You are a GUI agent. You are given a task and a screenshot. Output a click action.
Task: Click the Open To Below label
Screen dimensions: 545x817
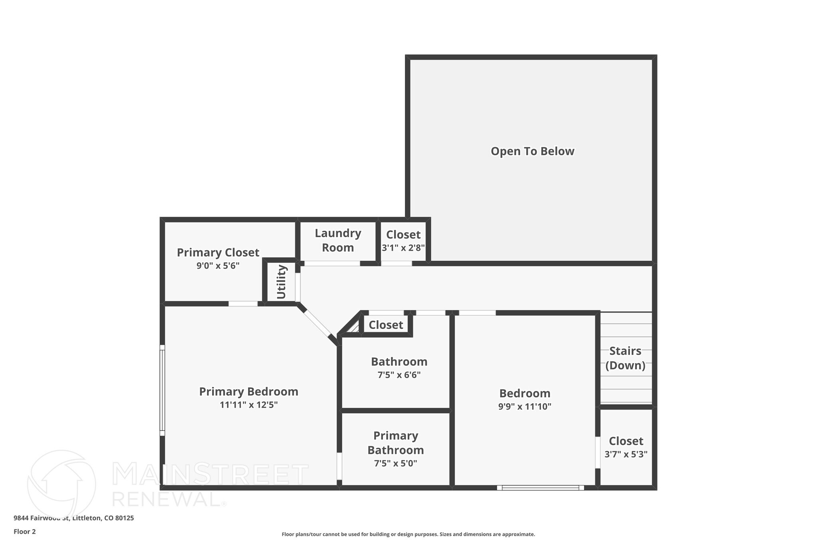pyautogui.click(x=532, y=151)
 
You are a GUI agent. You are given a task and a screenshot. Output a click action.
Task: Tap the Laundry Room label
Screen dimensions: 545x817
pyautogui.click(x=338, y=240)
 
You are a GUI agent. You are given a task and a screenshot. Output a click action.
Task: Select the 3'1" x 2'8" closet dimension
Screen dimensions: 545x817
pyautogui.click(x=403, y=248)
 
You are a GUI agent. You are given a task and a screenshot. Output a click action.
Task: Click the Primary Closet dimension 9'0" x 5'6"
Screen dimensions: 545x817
pyautogui.click(x=218, y=266)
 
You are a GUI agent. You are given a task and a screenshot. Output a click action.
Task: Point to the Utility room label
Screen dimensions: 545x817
pyautogui.click(x=281, y=282)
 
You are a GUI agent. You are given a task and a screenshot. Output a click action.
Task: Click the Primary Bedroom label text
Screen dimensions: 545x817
pyautogui.click(x=249, y=392)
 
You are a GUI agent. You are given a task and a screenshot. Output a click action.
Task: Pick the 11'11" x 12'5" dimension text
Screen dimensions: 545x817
pyautogui.click(x=249, y=405)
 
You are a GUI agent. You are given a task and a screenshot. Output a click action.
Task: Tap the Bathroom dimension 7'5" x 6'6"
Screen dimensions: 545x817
pyautogui.click(x=399, y=375)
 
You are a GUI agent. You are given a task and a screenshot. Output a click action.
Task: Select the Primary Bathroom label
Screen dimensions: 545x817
pyautogui.click(x=395, y=443)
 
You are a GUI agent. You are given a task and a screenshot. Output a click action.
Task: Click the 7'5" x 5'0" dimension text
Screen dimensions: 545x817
pyautogui.click(x=395, y=464)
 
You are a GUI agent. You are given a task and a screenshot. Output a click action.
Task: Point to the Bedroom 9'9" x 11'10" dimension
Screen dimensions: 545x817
pyautogui.click(x=525, y=406)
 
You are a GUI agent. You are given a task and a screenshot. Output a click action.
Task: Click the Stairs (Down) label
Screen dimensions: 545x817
pyautogui.click(x=625, y=358)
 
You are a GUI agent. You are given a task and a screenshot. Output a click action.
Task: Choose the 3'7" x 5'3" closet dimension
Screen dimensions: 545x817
pyautogui.click(x=626, y=454)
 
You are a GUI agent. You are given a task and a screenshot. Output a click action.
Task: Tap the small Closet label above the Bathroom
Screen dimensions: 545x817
pyautogui.click(x=386, y=325)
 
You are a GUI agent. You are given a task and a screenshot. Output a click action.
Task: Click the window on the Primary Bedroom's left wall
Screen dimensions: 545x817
pyautogui.click(x=162, y=390)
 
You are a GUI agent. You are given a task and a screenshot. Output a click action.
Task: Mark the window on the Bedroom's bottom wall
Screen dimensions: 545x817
pyautogui.click(x=540, y=488)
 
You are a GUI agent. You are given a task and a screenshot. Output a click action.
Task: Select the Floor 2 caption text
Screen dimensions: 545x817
pyautogui.click(x=25, y=531)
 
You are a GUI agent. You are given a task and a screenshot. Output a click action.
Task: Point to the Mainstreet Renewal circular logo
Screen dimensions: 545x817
pyautogui.click(x=62, y=484)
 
